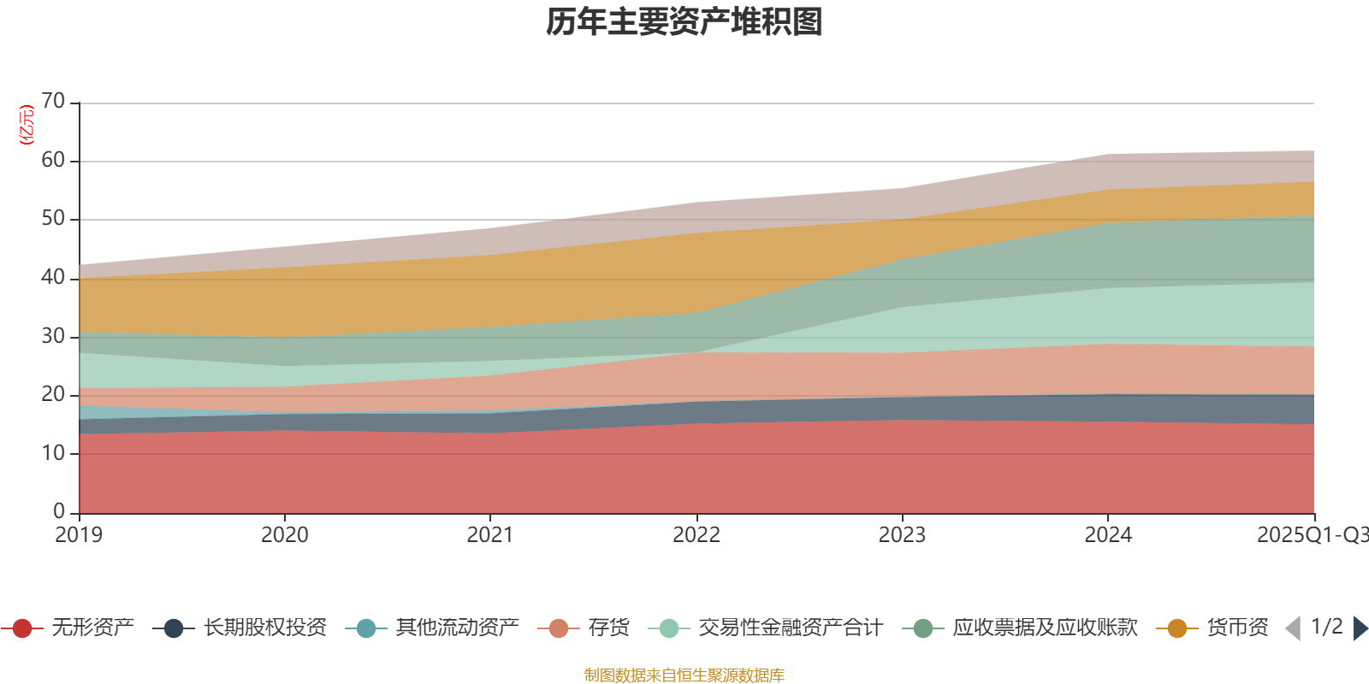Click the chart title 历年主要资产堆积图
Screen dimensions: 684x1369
point(684,23)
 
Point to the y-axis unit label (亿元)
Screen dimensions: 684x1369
point(27,125)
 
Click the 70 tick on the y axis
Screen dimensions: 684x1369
point(53,102)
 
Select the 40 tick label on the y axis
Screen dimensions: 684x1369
point(53,277)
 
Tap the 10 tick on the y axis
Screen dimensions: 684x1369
point(53,453)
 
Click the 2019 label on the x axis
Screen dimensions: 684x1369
point(79,535)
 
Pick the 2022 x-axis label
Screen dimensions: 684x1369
point(696,535)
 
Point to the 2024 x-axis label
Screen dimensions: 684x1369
point(1108,535)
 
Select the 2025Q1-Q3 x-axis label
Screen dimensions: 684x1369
point(1312,535)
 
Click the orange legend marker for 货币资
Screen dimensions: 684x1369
point(1176,628)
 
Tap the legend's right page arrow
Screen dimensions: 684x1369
point(1360,628)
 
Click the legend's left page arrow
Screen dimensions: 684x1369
point(1293,628)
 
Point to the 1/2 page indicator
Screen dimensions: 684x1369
point(1326,627)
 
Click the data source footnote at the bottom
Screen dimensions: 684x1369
point(684,675)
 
